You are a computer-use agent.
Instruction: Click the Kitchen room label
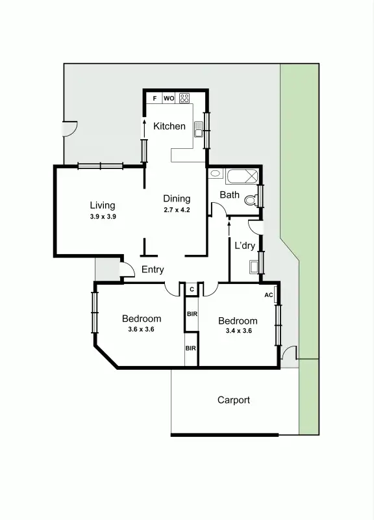click(x=169, y=126)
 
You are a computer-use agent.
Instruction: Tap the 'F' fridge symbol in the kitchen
click(x=154, y=99)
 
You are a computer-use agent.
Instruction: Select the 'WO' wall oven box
click(x=168, y=99)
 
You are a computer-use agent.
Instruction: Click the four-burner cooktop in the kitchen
click(x=184, y=99)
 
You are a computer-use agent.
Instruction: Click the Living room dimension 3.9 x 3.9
click(x=103, y=216)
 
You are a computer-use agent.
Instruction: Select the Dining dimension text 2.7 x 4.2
click(x=177, y=210)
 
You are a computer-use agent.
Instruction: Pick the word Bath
click(x=229, y=194)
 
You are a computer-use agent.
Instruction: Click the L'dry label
click(x=244, y=245)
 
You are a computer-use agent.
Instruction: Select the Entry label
click(x=153, y=270)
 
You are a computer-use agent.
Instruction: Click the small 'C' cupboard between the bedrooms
click(x=192, y=289)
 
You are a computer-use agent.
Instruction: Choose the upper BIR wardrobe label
click(x=192, y=314)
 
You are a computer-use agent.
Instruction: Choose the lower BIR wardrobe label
click(x=191, y=348)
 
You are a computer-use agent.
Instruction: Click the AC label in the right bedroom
click(x=269, y=295)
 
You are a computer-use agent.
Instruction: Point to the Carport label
click(x=233, y=400)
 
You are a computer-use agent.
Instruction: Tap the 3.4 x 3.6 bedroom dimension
click(x=238, y=331)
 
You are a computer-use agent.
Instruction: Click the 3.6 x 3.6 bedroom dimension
click(x=142, y=329)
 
